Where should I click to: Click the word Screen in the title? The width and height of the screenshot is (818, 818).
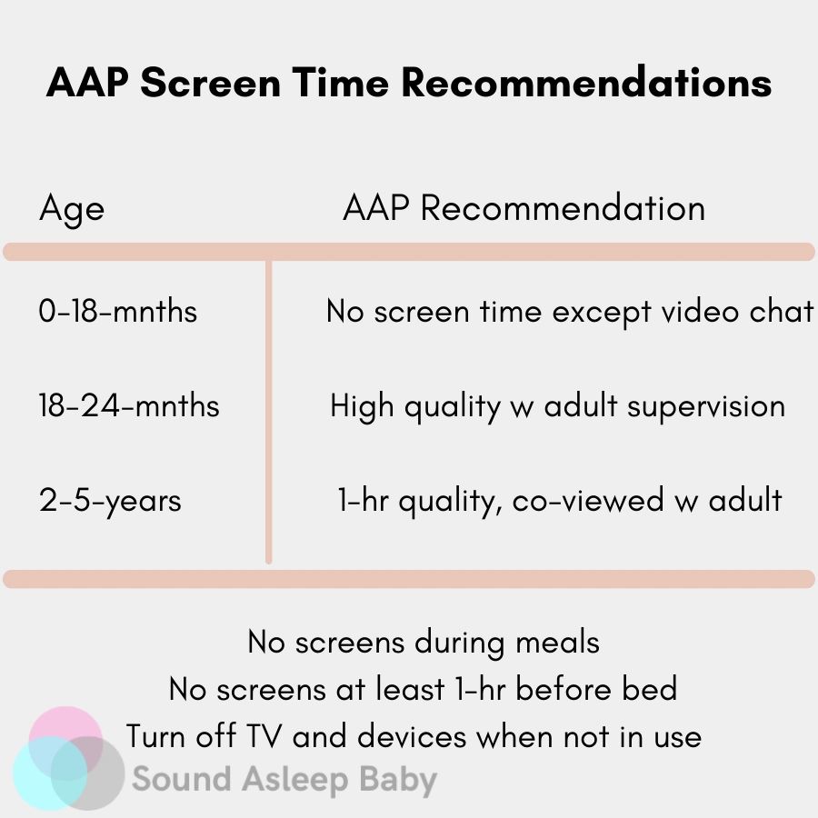pyautogui.click(x=211, y=83)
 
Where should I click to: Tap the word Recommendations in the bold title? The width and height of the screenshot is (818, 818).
pyautogui.click(x=586, y=82)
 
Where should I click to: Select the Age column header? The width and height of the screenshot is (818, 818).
pyautogui.click(x=72, y=210)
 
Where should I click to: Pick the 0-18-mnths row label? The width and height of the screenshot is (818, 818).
pyautogui.click(x=118, y=311)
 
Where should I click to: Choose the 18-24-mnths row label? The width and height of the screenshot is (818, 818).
pyautogui.click(x=129, y=405)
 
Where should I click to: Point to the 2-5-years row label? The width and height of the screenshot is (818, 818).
pyautogui.click(x=110, y=502)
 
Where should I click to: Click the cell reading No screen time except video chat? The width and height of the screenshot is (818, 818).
pyautogui.click(x=570, y=312)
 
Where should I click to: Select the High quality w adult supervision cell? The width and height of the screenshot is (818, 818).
pyautogui.click(x=558, y=407)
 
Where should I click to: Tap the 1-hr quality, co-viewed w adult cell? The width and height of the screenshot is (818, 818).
pyautogui.click(x=560, y=502)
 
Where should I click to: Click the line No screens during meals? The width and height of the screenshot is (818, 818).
pyautogui.click(x=424, y=643)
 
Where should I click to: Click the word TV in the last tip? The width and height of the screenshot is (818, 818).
pyautogui.click(x=264, y=736)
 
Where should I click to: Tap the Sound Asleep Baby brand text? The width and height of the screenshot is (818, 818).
pyautogui.click(x=284, y=780)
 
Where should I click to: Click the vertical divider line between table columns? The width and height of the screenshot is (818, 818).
pyautogui.click(x=269, y=412)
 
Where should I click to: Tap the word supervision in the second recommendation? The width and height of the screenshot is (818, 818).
pyautogui.click(x=706, y=407)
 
